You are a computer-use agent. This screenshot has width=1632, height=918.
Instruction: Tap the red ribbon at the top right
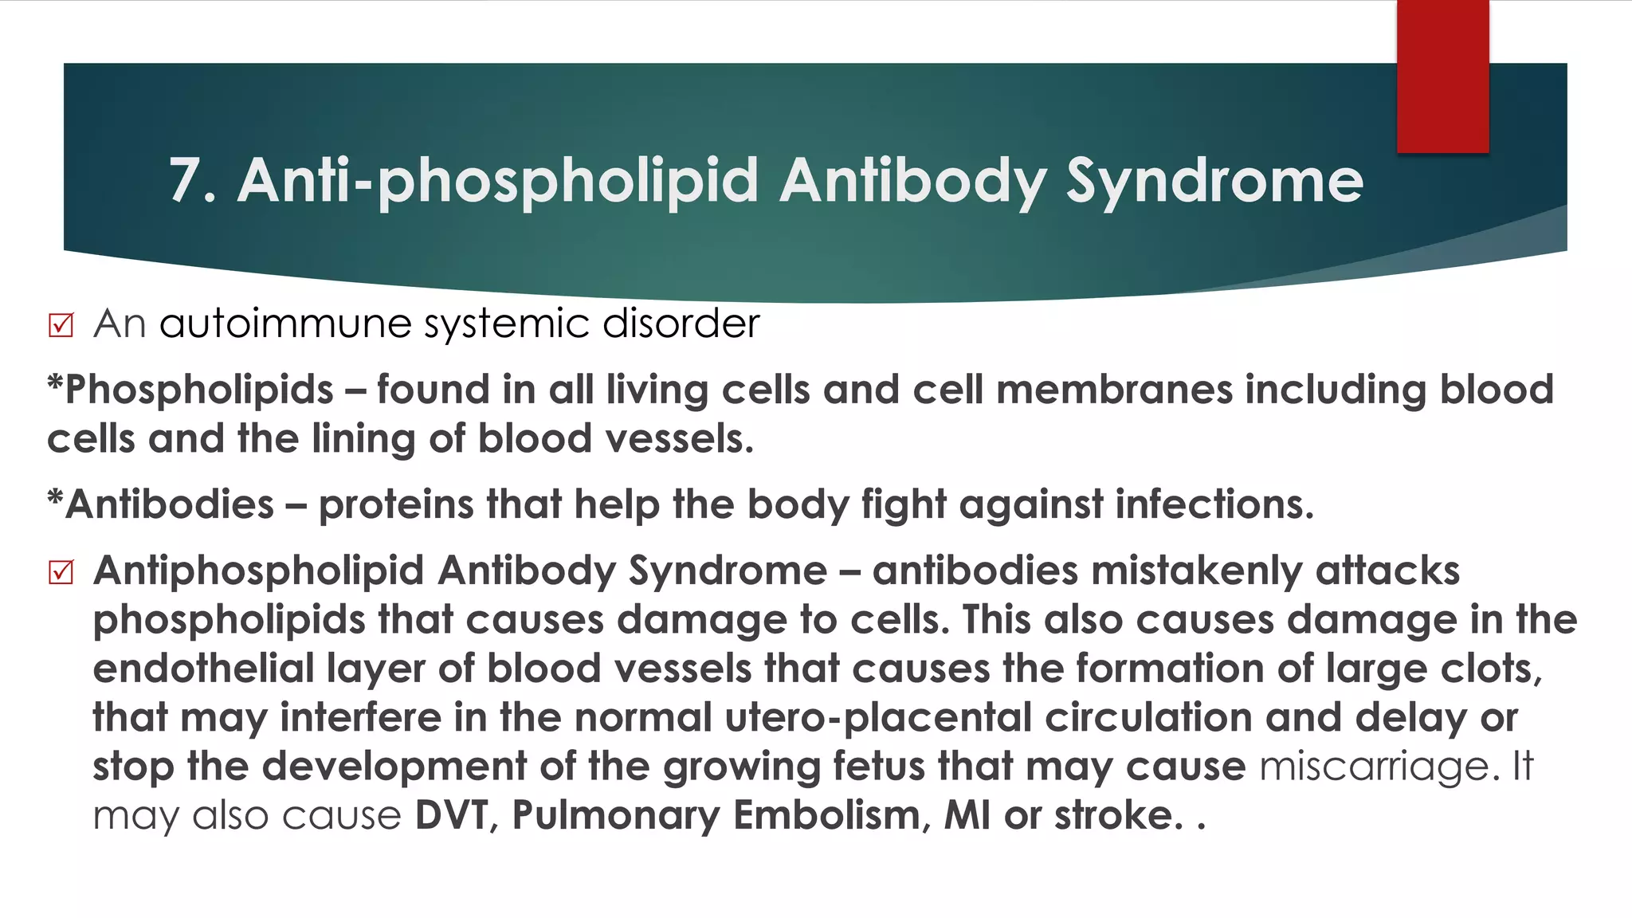click(x=1442, y=76)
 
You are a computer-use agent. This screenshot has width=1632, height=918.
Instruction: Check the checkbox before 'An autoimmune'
click(x=61, y=325)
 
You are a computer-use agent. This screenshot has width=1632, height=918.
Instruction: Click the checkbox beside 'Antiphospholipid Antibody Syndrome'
click(x=61, y=572)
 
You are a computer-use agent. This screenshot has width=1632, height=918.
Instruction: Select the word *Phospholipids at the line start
click(x=190, y=390)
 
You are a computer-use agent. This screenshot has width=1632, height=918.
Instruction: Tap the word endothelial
click(x=204, y=669)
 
